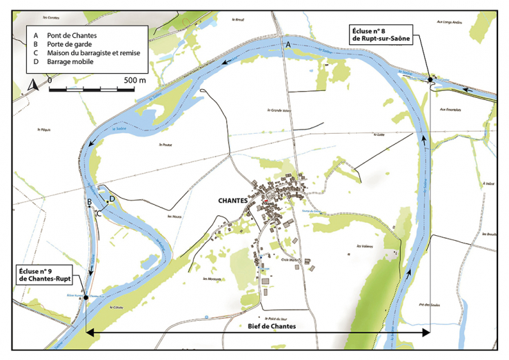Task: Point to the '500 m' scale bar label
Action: click(x=134, y=81)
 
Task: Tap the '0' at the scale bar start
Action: click(x=50, y=81)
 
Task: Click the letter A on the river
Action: click(x=289, y=45)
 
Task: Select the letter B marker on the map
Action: click(x=89, y=201)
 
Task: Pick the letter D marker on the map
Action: click(x=112, y=199)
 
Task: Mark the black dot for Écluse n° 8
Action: click(x=430, y=80)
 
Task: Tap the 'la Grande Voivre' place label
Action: click(x=280, y=110)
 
